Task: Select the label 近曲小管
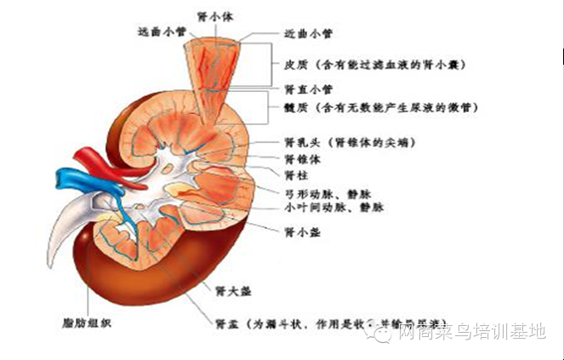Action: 307,34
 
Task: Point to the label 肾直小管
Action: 307,89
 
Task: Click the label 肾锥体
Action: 301,158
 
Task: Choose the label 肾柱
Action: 296,174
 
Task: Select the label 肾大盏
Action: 234,291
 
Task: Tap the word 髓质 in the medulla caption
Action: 296,108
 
